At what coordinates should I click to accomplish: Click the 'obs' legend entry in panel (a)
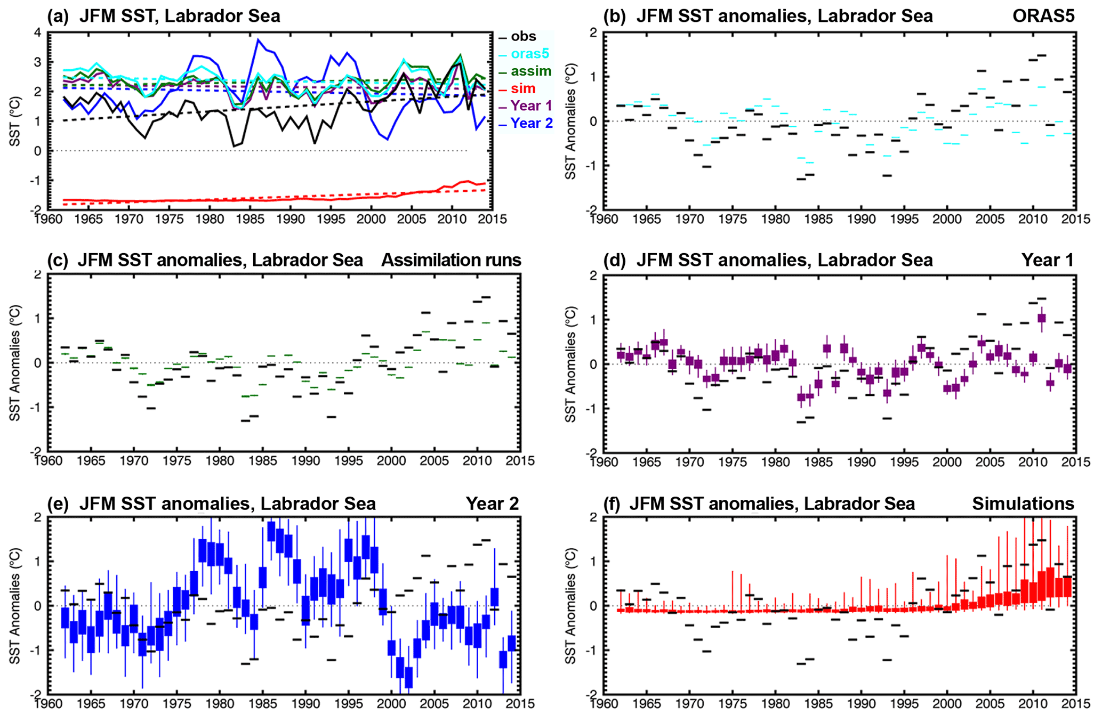(x=523, y=37)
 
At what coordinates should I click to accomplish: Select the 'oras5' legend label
(x=529, y=54)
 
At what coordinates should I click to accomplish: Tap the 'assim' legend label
(x=530, y=71)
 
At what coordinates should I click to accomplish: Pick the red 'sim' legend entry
(x=522, y=88)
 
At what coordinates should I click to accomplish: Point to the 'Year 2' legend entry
(x=531, y=123)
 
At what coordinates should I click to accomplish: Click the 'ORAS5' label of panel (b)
(x=1043, y=16)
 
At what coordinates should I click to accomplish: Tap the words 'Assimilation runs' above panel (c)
(x=451, y=260)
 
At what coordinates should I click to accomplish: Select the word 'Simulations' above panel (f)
(x=1023, y=504)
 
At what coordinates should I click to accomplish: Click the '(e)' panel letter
(x=59, y=504)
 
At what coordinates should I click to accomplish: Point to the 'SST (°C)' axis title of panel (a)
(x=14, y=121)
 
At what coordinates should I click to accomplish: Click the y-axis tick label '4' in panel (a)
(x=37, y=33)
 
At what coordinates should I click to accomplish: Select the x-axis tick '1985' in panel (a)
(x=251, y=219)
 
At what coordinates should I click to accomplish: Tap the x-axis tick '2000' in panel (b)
(x=947, y=219)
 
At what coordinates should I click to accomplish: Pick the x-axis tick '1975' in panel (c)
(x=176, y=460)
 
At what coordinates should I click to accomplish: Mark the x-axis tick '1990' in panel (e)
(x=305, y=704)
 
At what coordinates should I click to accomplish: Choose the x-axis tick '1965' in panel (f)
(x=647, y=704)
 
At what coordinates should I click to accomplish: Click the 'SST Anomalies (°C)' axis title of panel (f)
(x=570, y=606)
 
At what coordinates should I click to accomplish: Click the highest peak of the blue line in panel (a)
(x=258, y=39)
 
